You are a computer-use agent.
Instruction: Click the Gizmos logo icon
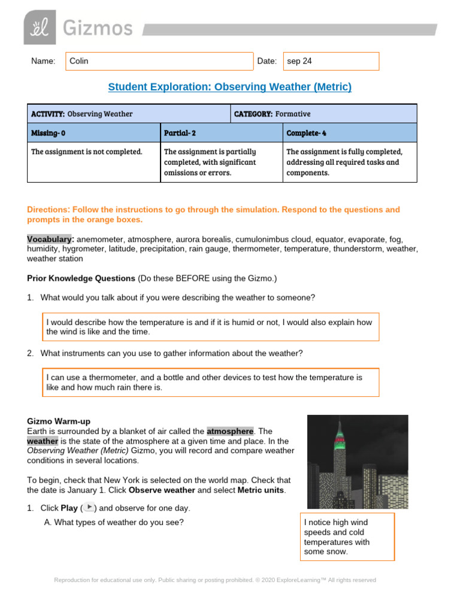[40, 28]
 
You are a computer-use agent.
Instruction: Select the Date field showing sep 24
[331, 61]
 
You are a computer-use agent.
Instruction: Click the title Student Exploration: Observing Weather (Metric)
[229, 87]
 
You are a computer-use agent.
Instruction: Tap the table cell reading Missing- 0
[93, 132]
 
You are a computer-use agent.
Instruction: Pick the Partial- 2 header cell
[221, 132]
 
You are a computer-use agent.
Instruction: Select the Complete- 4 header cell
[349, 132]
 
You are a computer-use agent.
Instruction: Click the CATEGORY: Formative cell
[323, 114]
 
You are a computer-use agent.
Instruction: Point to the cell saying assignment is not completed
[93, 152]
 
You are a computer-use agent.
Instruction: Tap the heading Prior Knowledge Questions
[81, 278]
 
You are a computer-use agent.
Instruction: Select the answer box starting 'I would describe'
[210, 327]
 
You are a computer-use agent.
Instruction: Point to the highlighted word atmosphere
[230, 431]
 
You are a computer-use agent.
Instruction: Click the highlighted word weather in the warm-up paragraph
[43, 441]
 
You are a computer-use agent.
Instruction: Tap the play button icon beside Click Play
[89, 507]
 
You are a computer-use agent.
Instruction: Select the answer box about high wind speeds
[347, 537]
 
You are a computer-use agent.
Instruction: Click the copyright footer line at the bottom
[215, 580]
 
